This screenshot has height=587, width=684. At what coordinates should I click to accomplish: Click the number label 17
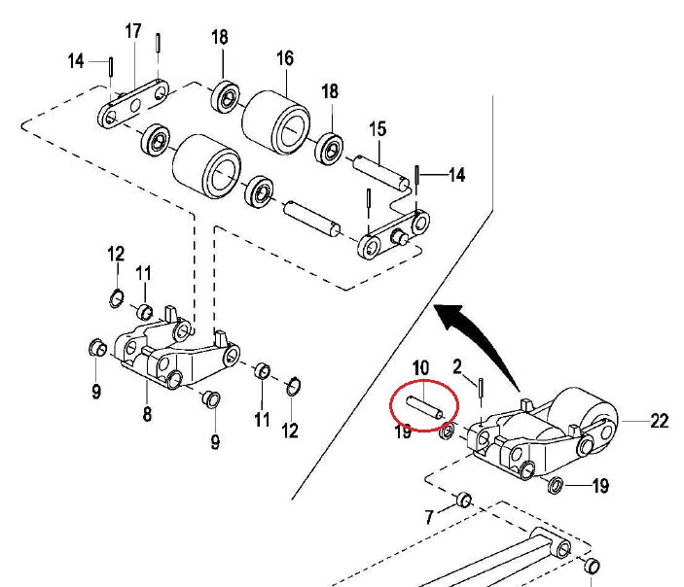pos(133,32)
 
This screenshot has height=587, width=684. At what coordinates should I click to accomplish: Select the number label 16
pos(284,58)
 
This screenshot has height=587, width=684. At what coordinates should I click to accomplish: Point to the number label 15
pos(377,128)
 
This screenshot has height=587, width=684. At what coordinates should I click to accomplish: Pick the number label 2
pos(456,365)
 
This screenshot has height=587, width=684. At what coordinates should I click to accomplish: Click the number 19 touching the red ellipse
pos(404,432)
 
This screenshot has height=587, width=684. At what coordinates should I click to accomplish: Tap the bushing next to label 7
pos(464,500)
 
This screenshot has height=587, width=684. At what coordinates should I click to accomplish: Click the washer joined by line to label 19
pos(556,485)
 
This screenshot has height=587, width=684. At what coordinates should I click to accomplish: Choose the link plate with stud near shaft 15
pos(393,237)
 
